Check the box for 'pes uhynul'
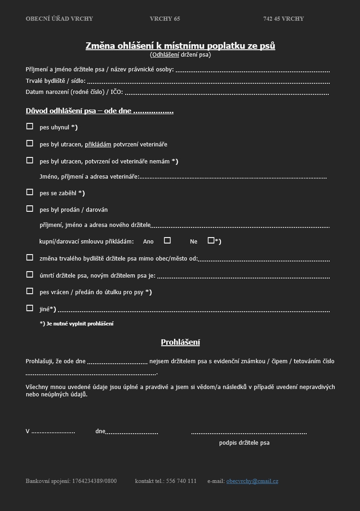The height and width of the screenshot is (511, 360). coord(30,126)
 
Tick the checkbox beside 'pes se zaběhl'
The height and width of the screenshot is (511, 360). coord(30,192)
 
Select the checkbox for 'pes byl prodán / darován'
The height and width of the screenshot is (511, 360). coord(30,209)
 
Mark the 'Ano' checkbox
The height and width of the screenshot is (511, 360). coord(167,240)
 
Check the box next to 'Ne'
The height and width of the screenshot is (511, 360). coord(211,240)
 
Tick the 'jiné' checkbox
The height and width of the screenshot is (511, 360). coord(30,308)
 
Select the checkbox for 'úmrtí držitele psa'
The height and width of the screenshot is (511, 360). coord(30,274)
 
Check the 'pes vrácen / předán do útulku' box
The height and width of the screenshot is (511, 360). coord(30,291)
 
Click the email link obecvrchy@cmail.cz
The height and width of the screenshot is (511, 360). coord(252,481)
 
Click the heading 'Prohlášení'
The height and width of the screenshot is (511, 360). coord(180,342)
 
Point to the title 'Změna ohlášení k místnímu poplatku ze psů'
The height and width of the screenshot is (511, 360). coord(180,46)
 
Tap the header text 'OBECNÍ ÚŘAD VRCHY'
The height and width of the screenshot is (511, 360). coord(59,19)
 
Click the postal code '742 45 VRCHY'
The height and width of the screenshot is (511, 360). coord(284,19)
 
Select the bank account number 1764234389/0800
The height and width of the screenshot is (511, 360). coord(94,481)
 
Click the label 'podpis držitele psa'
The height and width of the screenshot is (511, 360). coord(244,443)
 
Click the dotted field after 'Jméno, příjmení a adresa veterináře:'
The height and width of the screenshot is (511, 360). coord(233,177)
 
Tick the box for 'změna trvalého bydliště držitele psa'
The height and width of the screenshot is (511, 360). coord(30,257)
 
